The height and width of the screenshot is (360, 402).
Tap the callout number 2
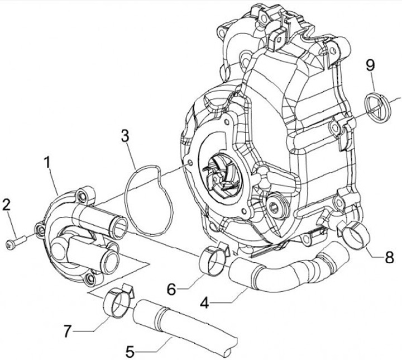(7, 205)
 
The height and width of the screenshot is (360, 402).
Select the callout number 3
(125, 135)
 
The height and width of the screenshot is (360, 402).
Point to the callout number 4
(205, 304)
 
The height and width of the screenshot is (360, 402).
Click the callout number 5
(130, 352)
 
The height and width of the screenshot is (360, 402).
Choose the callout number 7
(68, 331)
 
